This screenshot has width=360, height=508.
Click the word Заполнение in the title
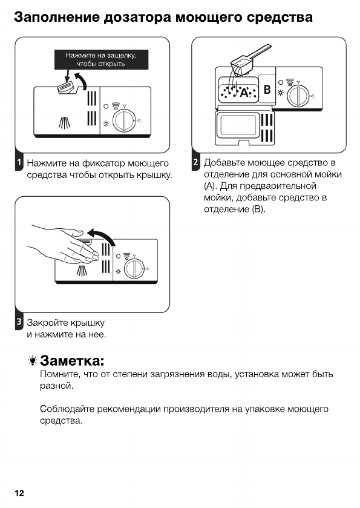tap(58, 17)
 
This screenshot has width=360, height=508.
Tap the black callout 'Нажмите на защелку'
tap(100, 59)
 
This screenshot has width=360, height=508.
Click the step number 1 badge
tap(19, 163)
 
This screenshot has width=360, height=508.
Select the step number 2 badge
tap(195, 163)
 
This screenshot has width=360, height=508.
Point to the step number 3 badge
tap(19, 322)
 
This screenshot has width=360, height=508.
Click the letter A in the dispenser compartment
tap(244, 93)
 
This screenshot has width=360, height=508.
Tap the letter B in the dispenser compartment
tap(266, 90)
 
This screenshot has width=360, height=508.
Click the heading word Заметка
tap(73, 361)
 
